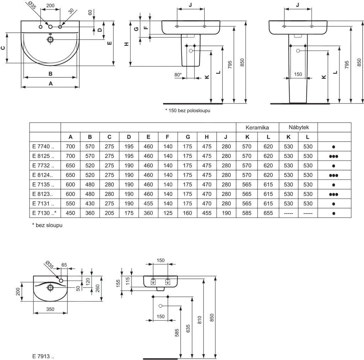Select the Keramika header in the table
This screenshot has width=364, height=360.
[257, 127]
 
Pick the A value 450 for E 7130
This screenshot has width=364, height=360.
[70, 214]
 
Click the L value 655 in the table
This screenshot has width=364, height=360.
[268, 214]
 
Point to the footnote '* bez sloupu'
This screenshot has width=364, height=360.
[47, 225]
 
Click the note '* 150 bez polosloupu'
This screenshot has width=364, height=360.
[188, 111]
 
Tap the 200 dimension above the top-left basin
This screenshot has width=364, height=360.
[50, 6]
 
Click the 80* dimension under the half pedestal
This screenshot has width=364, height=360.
[178, 75]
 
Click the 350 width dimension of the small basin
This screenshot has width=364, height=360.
[50, 309]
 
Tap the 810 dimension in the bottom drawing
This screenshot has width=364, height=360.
[200, 320]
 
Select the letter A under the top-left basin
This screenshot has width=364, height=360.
[50, 84]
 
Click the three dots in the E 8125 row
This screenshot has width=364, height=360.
[333, 156]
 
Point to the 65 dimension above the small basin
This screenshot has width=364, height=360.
[64, 265]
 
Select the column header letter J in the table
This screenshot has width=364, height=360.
[225, 137]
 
